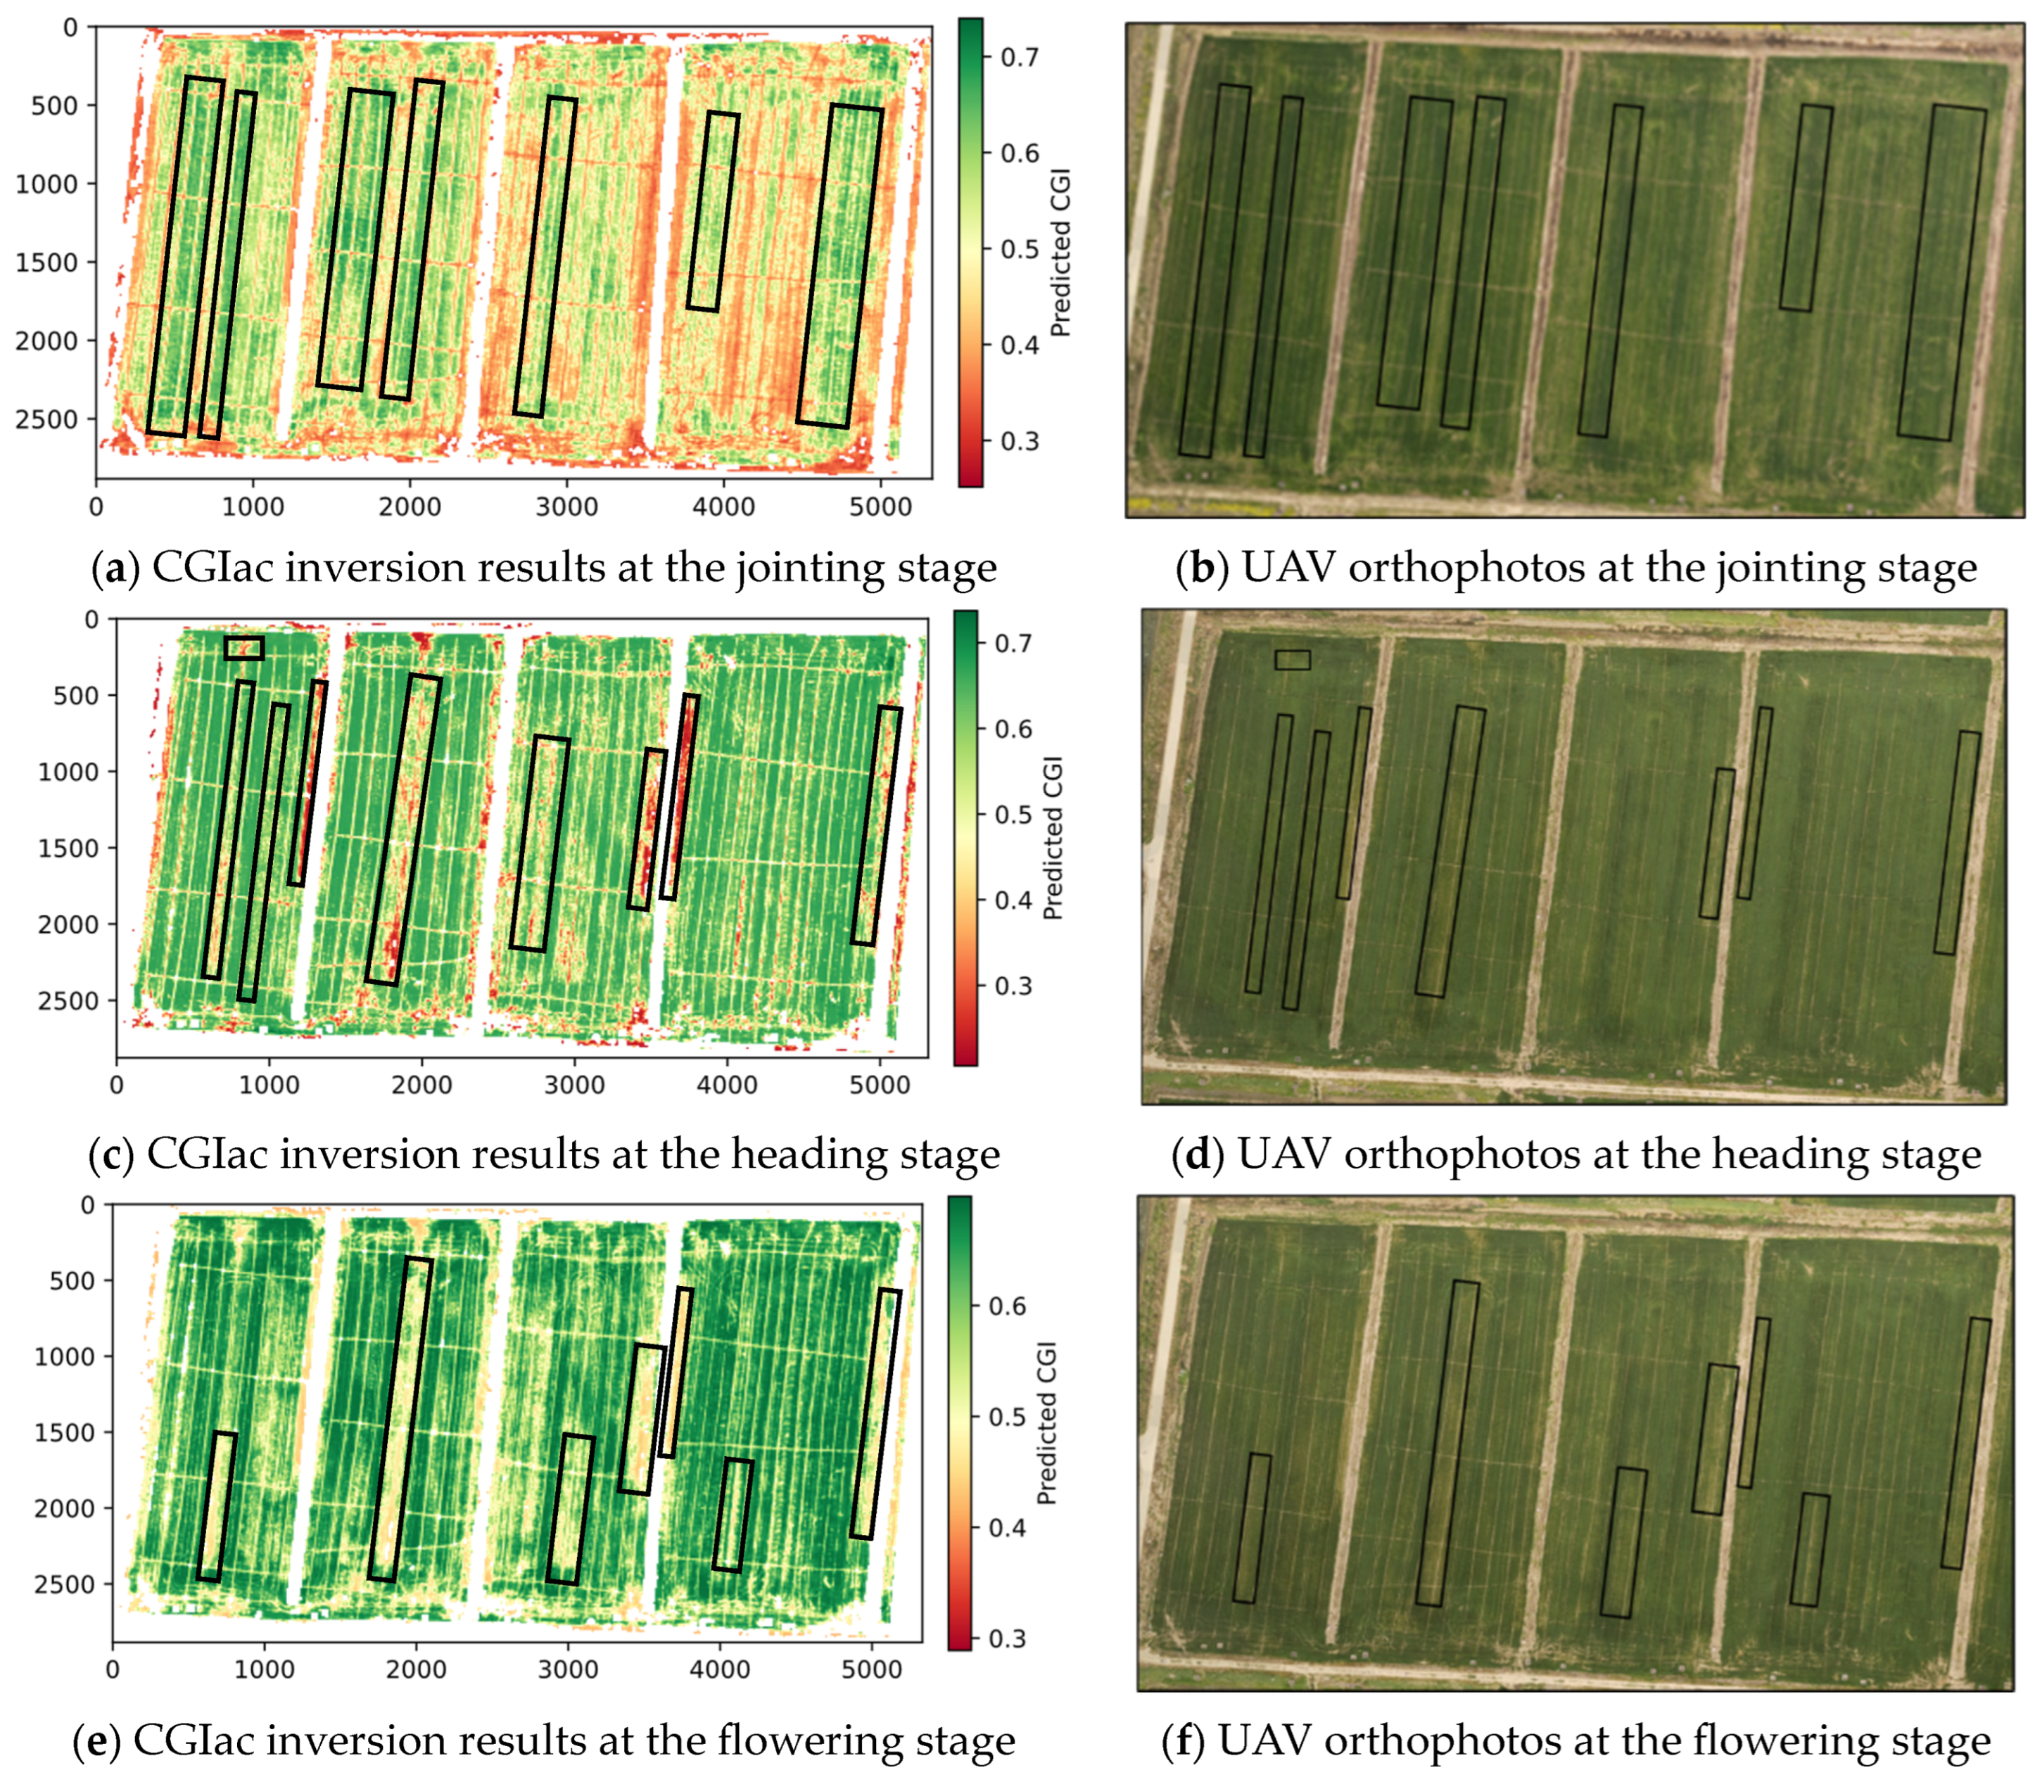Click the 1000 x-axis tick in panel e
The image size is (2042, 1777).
264,1669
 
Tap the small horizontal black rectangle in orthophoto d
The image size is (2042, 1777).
1292,659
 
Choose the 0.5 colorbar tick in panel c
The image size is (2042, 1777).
1013,814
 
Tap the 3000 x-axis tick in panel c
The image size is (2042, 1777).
574,1084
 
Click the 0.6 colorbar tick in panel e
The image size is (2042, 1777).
1007,1306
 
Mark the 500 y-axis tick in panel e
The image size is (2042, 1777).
72,1280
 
